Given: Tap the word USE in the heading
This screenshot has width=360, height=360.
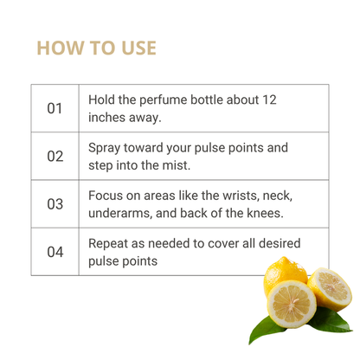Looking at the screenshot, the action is pyautogui.click(x=138, y=48).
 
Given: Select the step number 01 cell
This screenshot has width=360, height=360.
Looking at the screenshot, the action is pyautogui.click(x=55, y=108).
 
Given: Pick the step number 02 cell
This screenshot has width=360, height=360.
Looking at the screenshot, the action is pyautogui.click(x=55, y=157).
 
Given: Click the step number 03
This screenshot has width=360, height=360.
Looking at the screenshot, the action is pyautogui.click(x=55, y=204).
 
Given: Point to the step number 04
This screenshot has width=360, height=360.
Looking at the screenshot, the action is pyautogui.click(x=55, y=252).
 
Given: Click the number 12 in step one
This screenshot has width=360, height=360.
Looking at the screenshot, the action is pyautogui.click(x=269, y=100).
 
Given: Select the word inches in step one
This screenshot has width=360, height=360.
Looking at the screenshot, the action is pyautogui.click(x=106, y=118).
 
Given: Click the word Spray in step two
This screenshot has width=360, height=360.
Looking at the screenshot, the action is pyautogui.click(x=104, y=148).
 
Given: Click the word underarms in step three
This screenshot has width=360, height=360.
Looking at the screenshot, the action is pyautogui.click(x=120, y=214).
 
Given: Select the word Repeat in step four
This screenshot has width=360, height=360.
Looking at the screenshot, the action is pyautogui.click(x=108, y=244).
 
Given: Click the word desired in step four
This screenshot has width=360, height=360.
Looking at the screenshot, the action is pyautogui.click(x=280, y=243).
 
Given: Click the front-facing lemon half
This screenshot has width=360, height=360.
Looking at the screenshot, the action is pyautogui.click(x=292, y=305).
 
